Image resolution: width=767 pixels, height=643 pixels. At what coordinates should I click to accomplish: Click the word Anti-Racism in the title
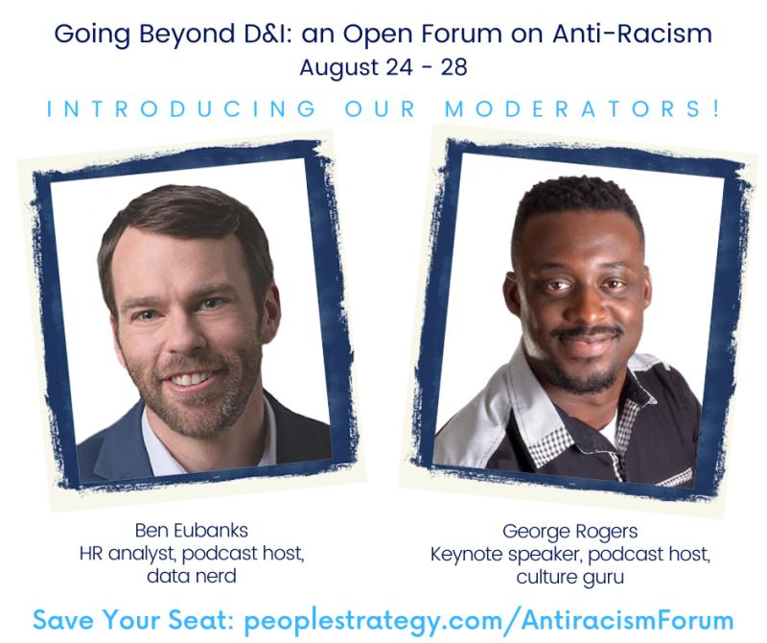pos(633,34)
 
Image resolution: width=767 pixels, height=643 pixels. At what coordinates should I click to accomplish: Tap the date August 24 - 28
pos(383,67)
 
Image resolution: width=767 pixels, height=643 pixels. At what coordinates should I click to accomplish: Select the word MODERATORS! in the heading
pos(582,108)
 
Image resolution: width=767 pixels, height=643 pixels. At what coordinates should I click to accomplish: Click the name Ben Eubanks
pos(192,531)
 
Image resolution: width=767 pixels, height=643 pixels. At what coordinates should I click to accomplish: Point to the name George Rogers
pos(569,532)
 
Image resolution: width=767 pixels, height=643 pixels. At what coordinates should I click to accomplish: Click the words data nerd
pos(192,576)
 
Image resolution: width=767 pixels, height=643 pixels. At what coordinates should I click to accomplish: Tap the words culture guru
pos(569,578)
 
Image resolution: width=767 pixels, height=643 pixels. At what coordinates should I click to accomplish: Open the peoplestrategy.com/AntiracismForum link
pos(489,620)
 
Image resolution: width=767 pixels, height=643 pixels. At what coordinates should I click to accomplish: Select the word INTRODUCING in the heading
pos(181,108)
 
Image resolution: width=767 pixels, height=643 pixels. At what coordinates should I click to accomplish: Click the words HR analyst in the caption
pos(127,554)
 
